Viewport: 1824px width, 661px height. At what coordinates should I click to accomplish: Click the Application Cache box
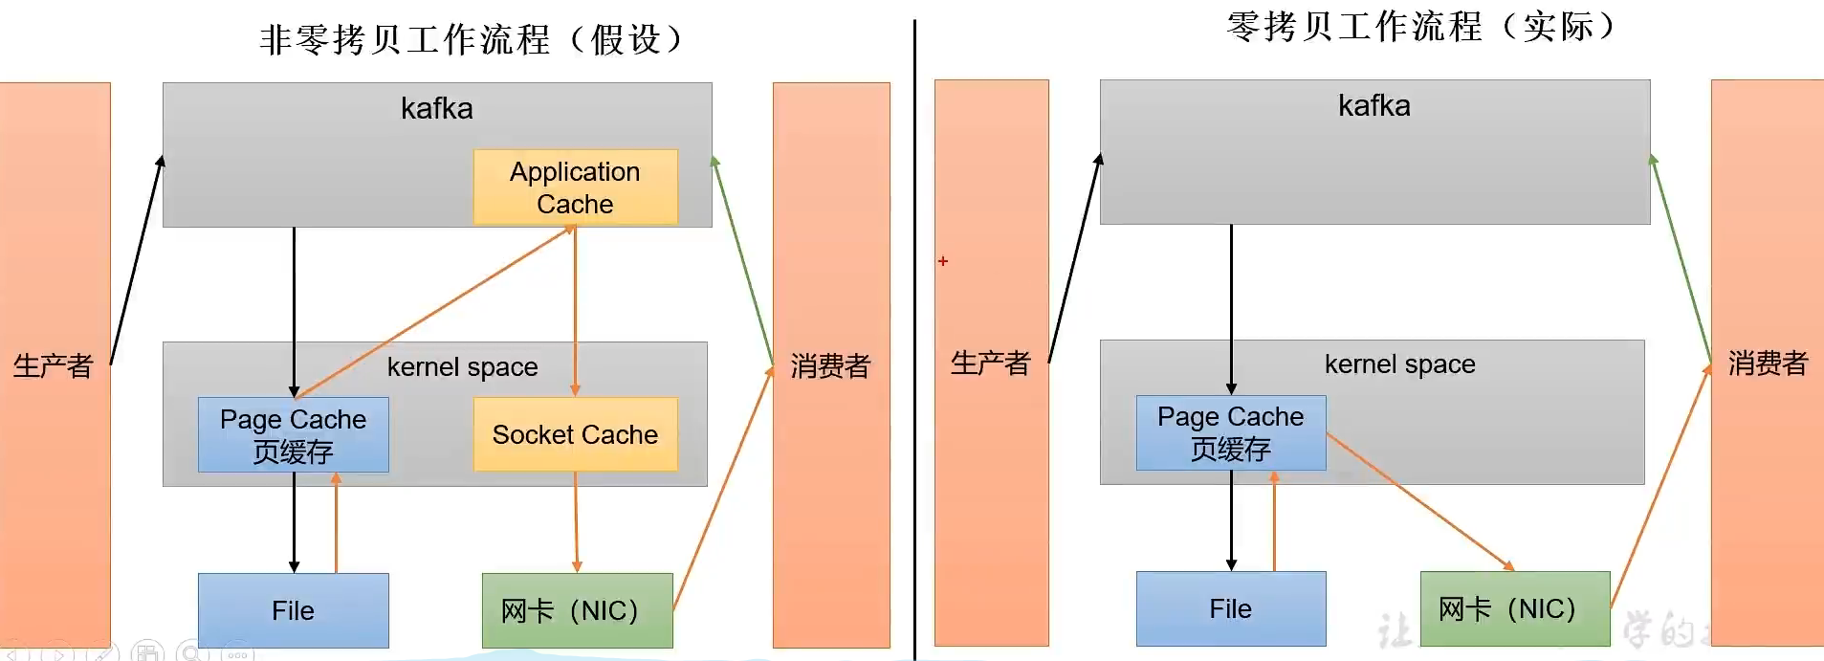(575, 187)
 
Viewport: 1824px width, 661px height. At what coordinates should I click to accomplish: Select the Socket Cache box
(575, 434)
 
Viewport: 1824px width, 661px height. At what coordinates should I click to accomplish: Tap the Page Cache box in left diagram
(293, 435)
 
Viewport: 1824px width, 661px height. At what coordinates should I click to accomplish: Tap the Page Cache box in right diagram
(1230, 432)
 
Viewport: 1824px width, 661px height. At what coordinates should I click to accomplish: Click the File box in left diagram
(293, 610)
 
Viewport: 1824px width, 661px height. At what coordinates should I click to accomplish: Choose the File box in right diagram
(1230, 608)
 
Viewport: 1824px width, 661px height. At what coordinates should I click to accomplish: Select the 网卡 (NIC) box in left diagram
(577, 610)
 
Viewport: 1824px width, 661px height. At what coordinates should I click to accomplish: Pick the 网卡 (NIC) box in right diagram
(1514, 608)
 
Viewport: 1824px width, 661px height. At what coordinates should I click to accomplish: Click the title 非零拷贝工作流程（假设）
(471, 40)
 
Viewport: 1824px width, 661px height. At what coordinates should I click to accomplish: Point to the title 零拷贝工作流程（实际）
(1420, 27)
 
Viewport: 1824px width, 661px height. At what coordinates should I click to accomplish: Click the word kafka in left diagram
(436, 108)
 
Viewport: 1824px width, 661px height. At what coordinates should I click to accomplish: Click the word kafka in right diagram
(1373, 105)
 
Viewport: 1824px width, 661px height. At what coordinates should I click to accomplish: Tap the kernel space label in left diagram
(462, 367)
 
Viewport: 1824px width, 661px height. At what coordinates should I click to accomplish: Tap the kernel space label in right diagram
(1399, 364)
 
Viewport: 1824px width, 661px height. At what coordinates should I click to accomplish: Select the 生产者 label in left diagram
(54, 365)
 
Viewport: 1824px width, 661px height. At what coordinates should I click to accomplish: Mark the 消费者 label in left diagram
(830, 365)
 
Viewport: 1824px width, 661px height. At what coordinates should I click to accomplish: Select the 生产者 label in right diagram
(990, 363)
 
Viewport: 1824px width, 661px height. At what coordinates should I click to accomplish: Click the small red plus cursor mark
(943, 261)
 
